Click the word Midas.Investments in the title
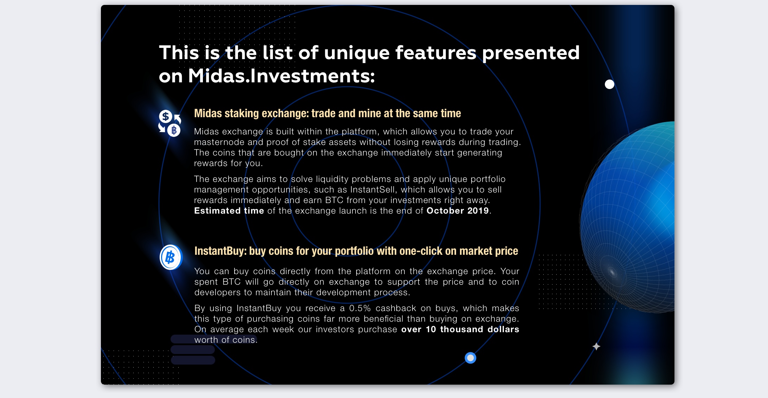pos(282,76)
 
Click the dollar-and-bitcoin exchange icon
pos(169,123)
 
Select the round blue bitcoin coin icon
pos(171,257)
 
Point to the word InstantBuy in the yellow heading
pos(220,251)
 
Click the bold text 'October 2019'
pos(457,211)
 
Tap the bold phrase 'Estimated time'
pos(229,211)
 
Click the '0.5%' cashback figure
pos(360,308)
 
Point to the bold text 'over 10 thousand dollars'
pos(460,329)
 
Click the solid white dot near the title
pos(609,84)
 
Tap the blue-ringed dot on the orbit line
pos(471,358)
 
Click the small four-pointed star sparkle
pos(596,347)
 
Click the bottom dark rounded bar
pos(193,360)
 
